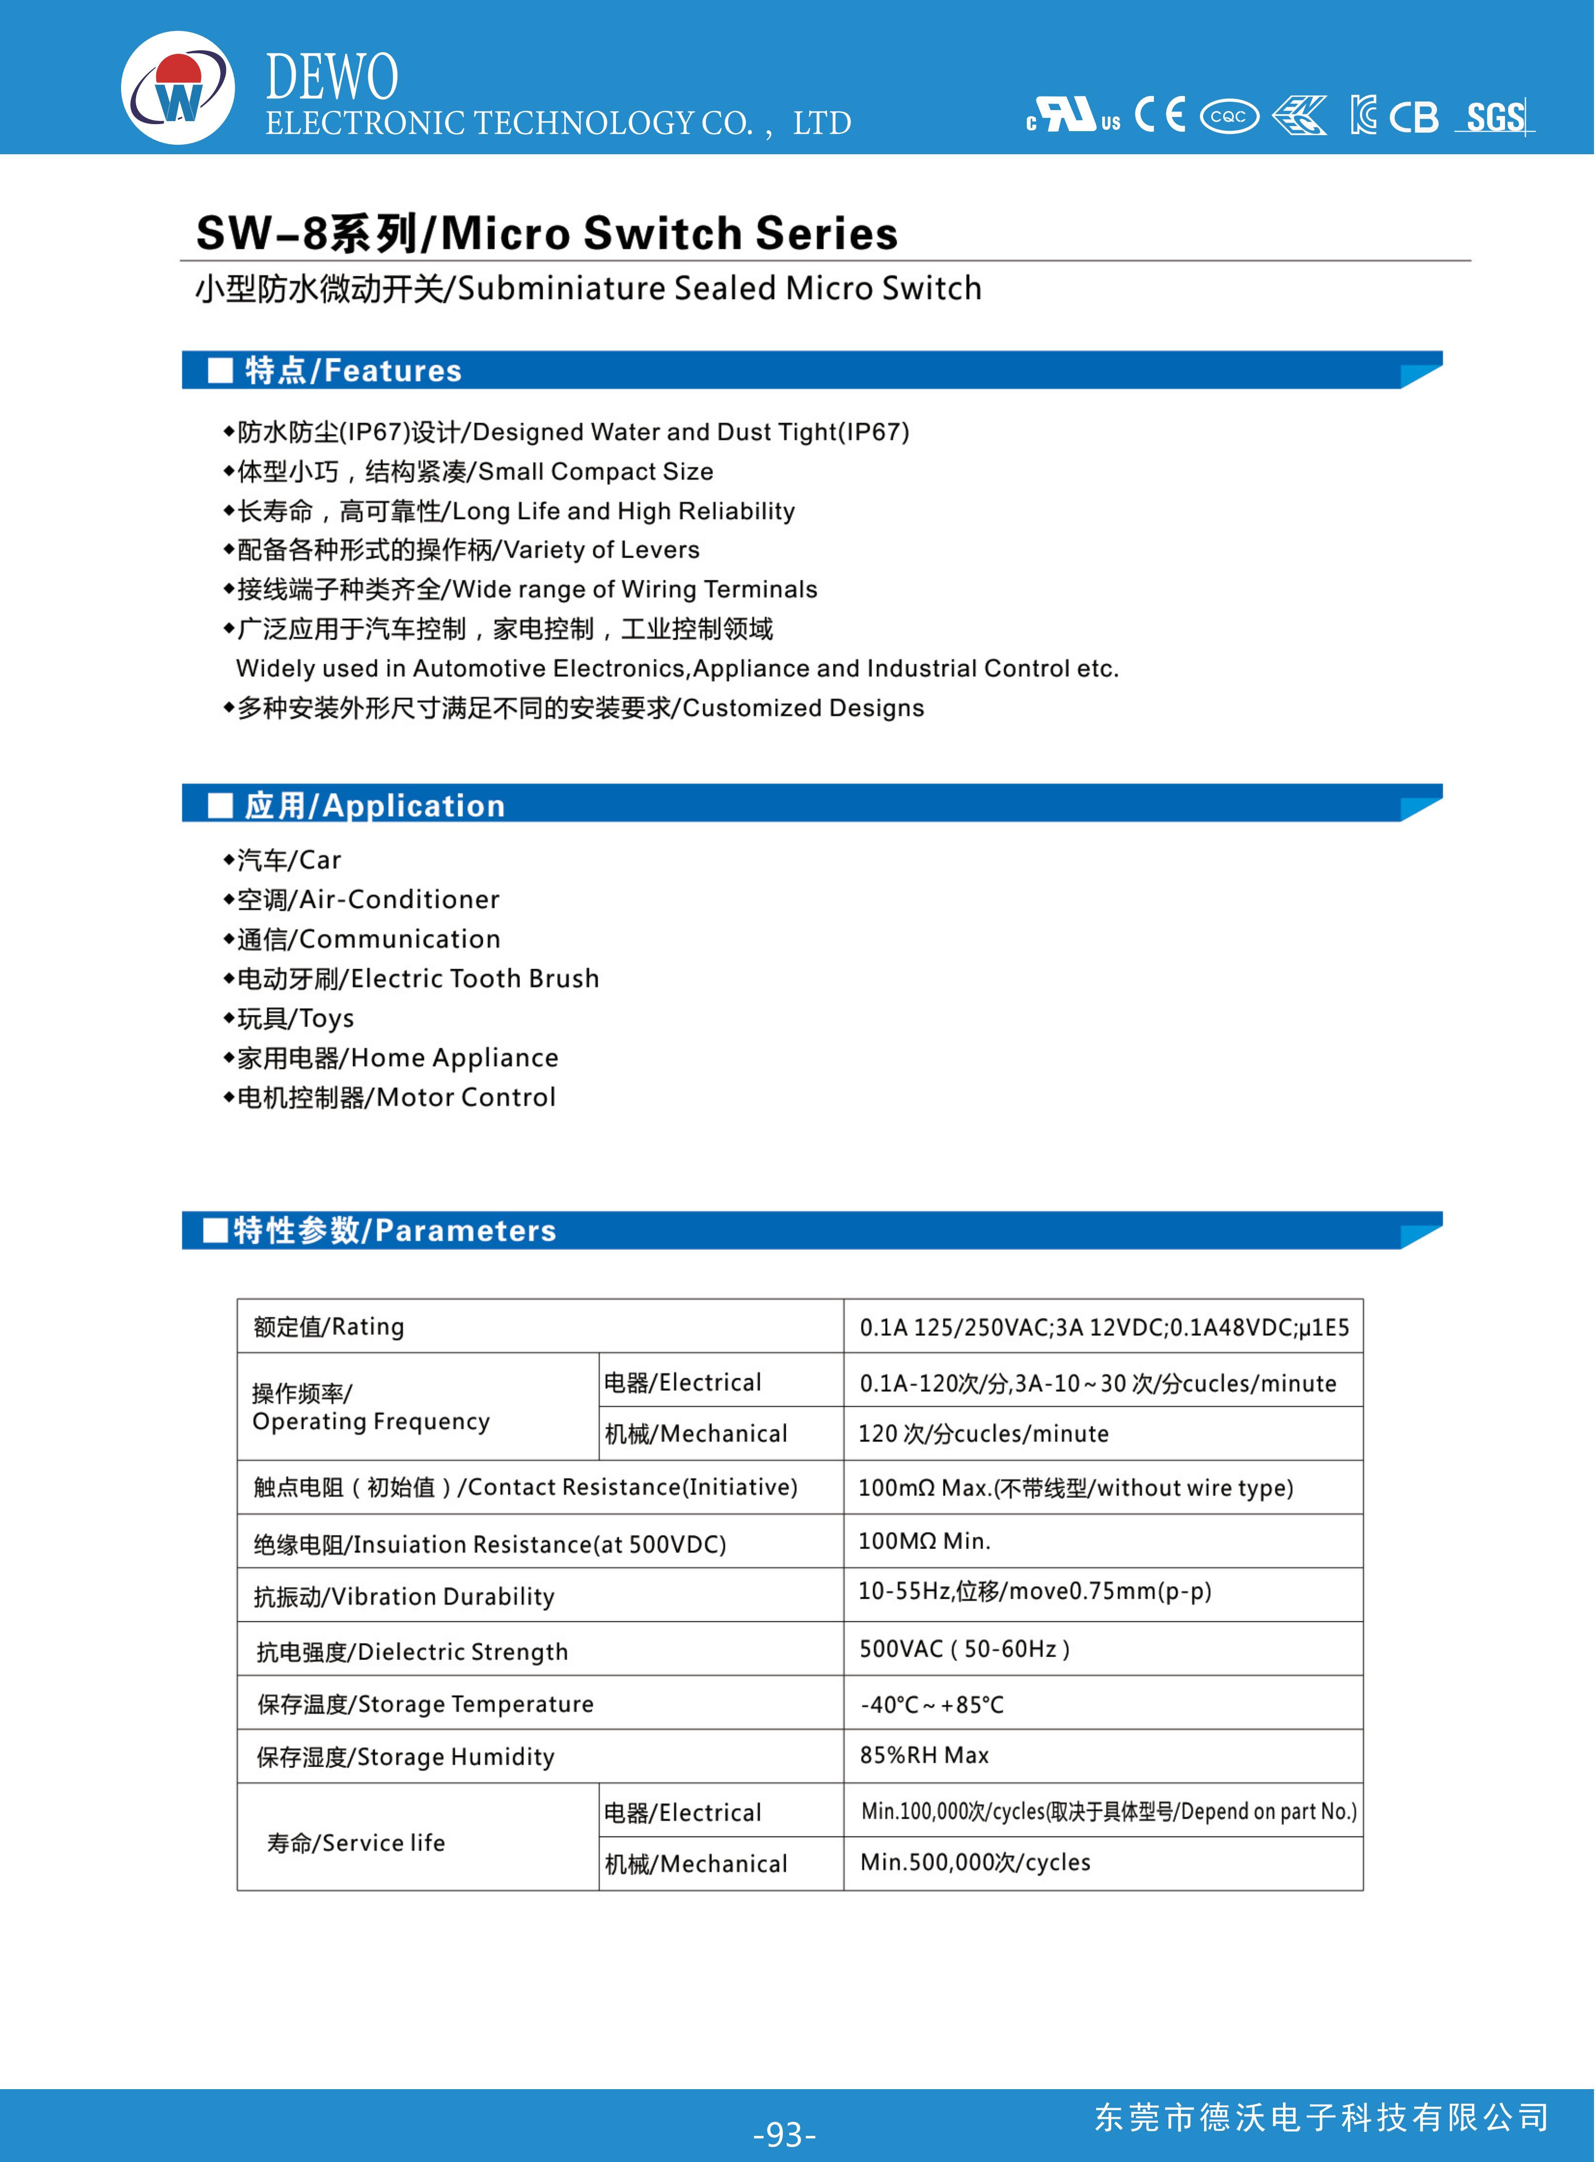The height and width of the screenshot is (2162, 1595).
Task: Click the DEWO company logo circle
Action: [x=178, y=88]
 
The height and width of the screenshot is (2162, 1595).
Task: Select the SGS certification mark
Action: [x=1495, y=117]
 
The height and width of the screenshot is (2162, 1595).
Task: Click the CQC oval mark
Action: [x=1229, y=117]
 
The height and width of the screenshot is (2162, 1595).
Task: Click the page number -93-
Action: [x=784, y=2133]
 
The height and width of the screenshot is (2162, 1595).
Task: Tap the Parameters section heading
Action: [x=394, y=1230]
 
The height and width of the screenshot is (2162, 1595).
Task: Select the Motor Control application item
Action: [x=396, y=1097]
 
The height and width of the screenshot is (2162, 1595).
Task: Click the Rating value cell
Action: [x=1104, y=1327]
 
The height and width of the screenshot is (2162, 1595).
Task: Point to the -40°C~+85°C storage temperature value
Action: [x=932, y=1704]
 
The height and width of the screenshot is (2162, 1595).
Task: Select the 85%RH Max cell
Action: [x=924, y=1756]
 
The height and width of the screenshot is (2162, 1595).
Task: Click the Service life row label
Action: [x=355, y=1842]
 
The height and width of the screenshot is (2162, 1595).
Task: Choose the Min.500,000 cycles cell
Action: [x=975, y=1863]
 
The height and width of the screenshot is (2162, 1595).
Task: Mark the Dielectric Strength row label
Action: [x=412, y=1651]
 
